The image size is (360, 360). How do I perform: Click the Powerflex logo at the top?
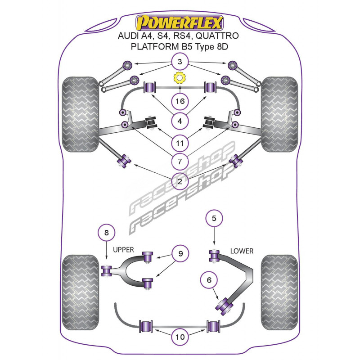pyautogui.click(x=180, y=22)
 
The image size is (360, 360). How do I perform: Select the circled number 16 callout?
pyautogui.click(x=180, y=101)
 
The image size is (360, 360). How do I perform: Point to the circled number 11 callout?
pyautogui.click(x=180, y=144)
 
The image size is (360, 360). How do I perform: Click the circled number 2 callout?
pyautogui.click(x=180, y=182)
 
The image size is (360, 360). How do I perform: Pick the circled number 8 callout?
pyautogui.click(x=106, y=233)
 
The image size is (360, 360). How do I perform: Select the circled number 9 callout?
pyautogui.click(x=180, y=254)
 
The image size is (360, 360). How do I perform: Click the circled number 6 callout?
pyautogui.click(x=208, y=280)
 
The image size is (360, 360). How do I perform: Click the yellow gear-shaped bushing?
pyautogui.click(x=180, y=78)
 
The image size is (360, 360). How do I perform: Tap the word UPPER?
pyautogui.click(x=123, y=250)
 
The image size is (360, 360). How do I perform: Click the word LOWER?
pyautogui.click(x=242, y=251)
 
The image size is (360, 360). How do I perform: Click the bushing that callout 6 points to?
pyautogui.click(x=225, y=306)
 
